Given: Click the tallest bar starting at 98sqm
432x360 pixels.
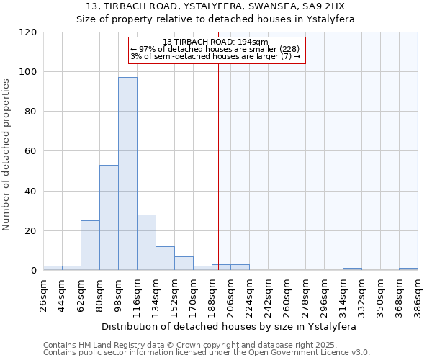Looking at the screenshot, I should pos(127,174).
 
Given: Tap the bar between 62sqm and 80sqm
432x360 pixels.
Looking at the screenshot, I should pos(90,246).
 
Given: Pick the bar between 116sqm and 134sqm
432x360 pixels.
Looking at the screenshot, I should pos(146,243).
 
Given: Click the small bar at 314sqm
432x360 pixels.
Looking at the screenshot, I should pos(352,269).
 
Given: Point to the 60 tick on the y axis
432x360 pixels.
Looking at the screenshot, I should pos(31,151).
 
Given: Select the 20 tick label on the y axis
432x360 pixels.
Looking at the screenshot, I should pos(31,231).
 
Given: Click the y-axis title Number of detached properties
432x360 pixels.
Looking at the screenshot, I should pos(7,155).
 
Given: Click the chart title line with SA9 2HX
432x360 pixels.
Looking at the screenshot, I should pos(215,6).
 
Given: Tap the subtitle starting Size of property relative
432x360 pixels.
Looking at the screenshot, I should pos(215,19).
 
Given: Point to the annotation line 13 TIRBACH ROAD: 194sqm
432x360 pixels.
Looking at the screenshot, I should pos(215,42).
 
